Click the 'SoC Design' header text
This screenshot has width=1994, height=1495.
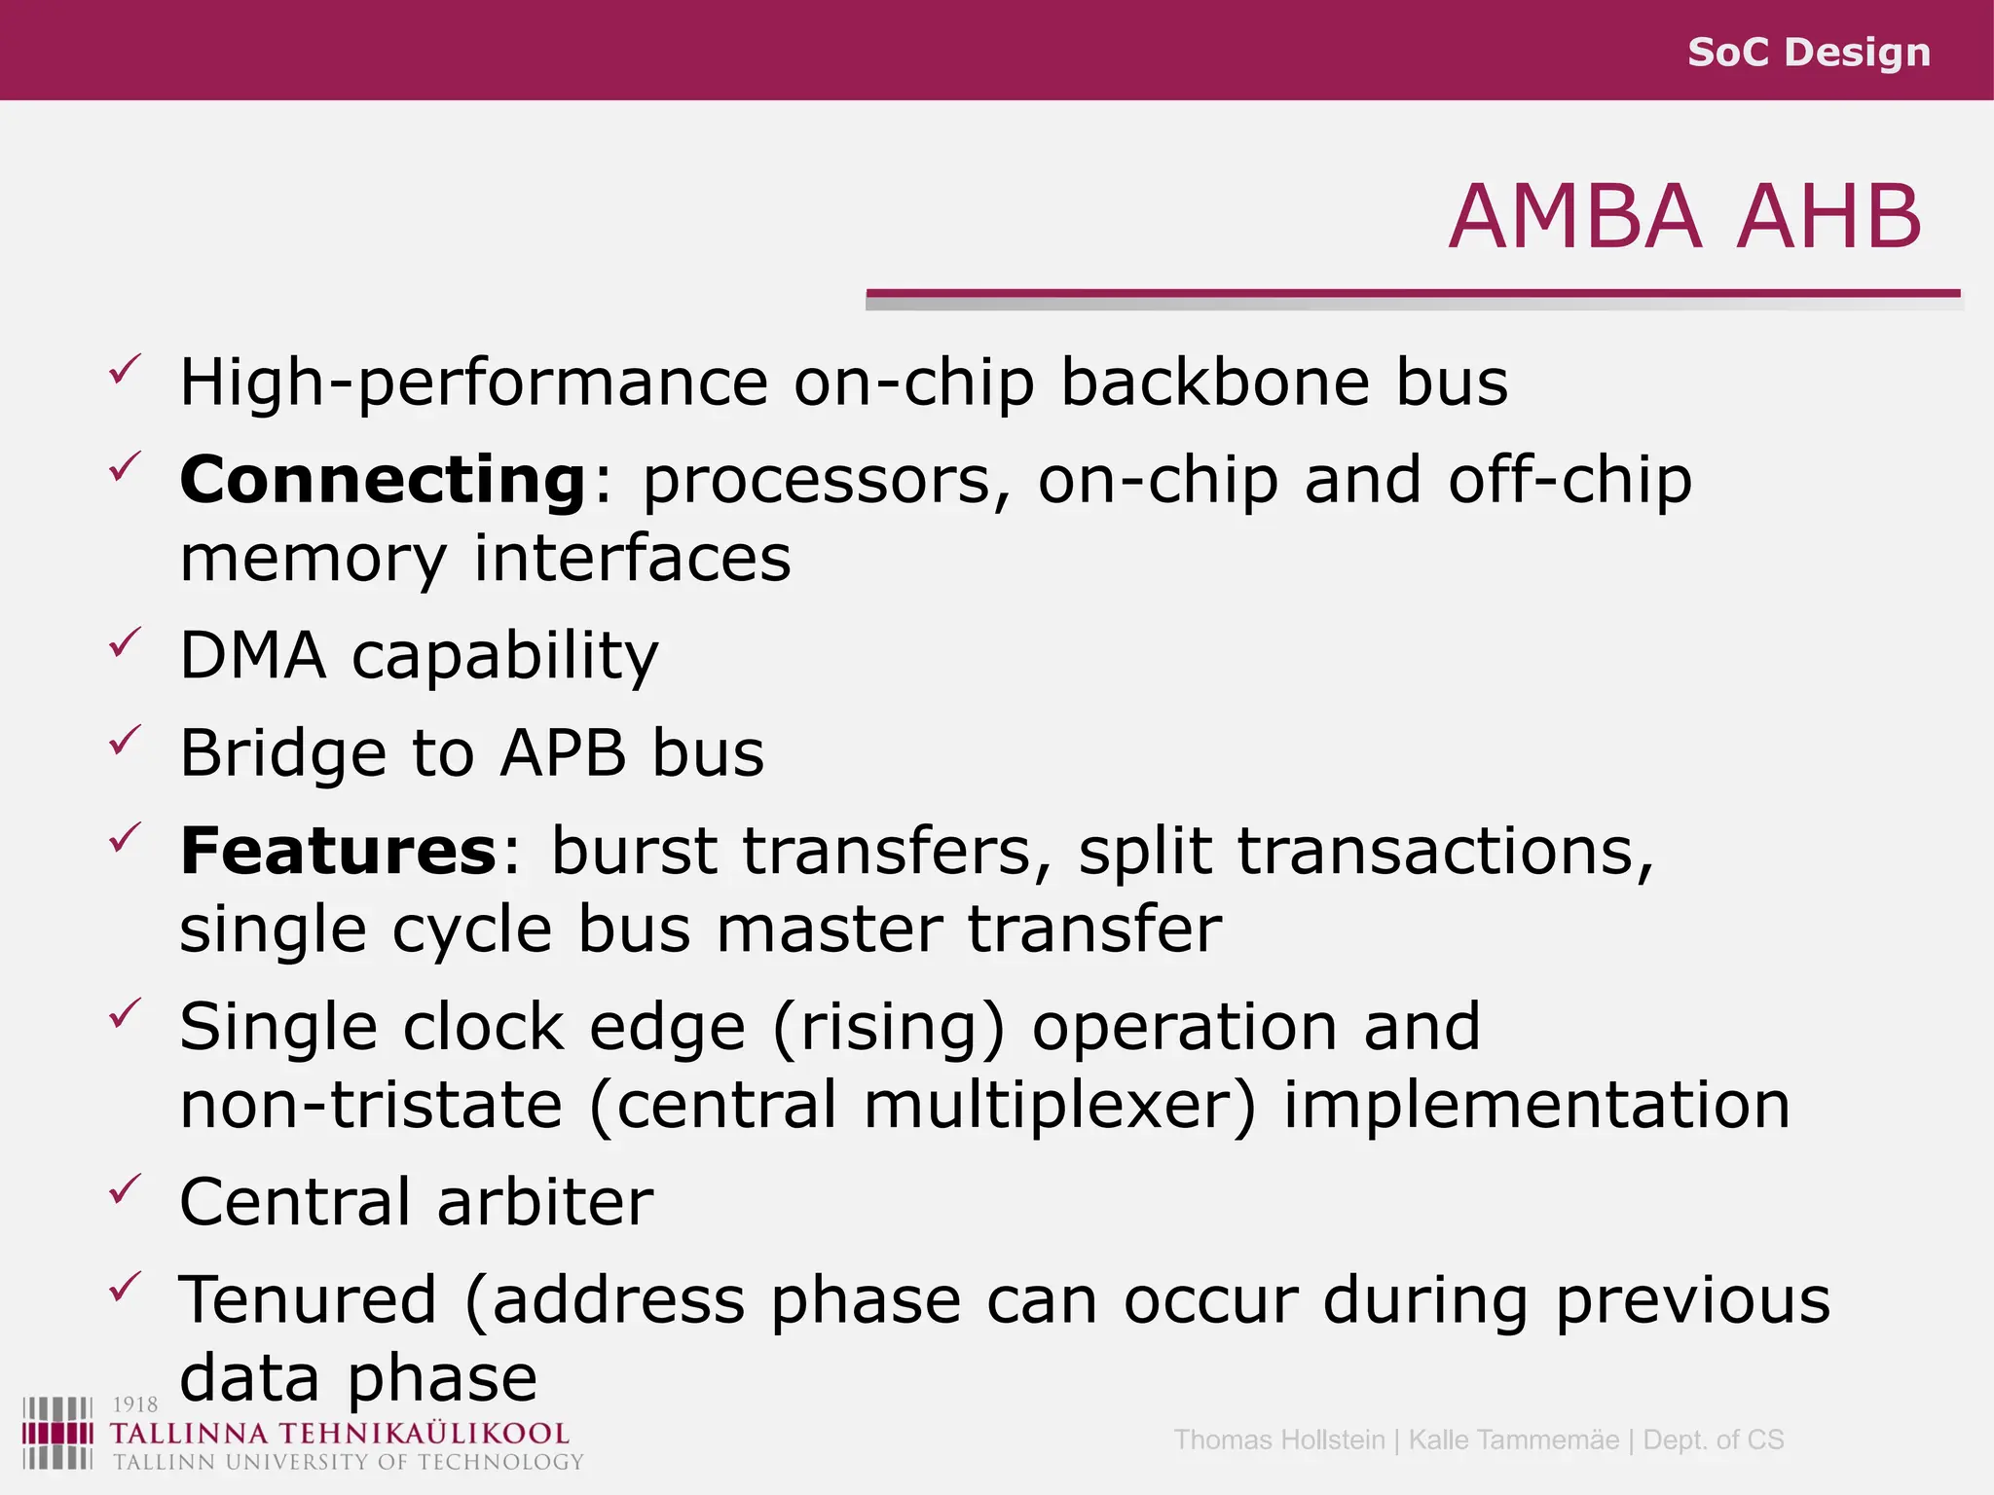pyautogui.click(x=1808, y=52)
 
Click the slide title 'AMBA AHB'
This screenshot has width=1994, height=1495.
pyautogui.click(x=1684, y=216)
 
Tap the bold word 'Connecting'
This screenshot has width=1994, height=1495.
pyautogui.click(x=383, y=480)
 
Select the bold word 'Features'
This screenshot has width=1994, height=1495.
pyautogui.click(x=339, y=851)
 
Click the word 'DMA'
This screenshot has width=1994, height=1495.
pyautogui.click(x=252, y=655)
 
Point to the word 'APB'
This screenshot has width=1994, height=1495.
pyautogui.click(x=563, y=753)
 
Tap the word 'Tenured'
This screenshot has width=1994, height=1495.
pyautogui.click(x=308, y=1300)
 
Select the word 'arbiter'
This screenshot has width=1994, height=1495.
pyautogui.click(x=545, y=1202)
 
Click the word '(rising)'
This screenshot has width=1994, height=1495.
pyautogui.click(x=888, y=1028)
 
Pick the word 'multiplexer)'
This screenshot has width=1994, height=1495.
pyautogui.click(x=1060, y=1106)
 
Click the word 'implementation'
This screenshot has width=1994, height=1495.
pyautogui.click(x=1536, y=1106)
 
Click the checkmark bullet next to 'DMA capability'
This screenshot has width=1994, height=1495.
pyautogui.click(x=126, y=642)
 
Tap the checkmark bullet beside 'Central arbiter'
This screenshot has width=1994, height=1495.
pyautogui.click(x=126, y=1188)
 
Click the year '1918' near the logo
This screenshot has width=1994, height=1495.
pyautogui.click(x=135, y=1404)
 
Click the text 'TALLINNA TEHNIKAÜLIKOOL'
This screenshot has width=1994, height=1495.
pyautogui.click(x=339, y=1434)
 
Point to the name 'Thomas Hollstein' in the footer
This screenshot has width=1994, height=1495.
pyautogui.click(x=1278, y=1440)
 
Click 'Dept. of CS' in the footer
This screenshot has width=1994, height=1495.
pyautogui.click(x=1713, y=1440)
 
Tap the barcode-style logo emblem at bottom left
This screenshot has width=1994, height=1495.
pyautogui.click(x=57, y=1433)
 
